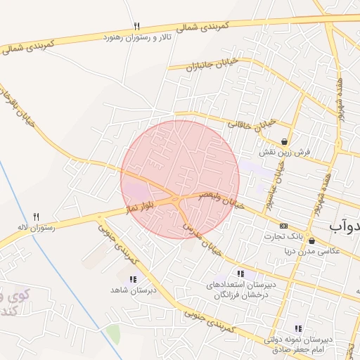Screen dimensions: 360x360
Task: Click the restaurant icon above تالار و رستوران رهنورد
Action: coord(136,26)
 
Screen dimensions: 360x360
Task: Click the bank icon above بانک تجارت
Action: coord(283,226)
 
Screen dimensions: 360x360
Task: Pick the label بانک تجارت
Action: coord(284,236)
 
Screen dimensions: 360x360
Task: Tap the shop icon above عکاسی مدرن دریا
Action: coord(311,240)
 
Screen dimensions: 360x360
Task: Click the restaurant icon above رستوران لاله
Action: coord(37,217)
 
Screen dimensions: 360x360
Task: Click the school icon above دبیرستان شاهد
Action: coord(133,279)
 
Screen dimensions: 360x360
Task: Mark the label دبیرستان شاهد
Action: coord(132,290)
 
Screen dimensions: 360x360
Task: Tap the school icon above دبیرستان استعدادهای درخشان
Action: coord(240,274)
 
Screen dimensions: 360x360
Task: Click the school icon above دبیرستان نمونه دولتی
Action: coord(298,328)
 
